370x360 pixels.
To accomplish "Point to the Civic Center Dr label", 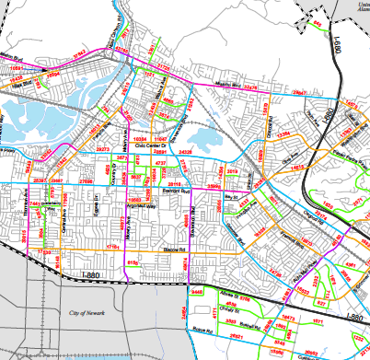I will click(x=153, y=145).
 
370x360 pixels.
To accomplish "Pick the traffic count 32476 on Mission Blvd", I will click(x=249, y=88).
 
